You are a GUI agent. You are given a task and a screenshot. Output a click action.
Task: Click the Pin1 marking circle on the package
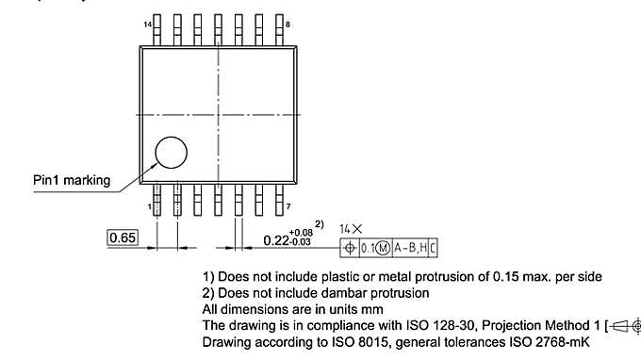(x=172, y=153)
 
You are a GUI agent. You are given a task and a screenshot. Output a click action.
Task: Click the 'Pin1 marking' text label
(x=71, y=180)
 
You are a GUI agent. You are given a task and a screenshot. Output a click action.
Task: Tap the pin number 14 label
(x=147, y=22)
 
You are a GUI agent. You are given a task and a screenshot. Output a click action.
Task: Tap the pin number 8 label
(x=288, y=22)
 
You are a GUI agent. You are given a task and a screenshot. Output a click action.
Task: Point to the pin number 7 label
(x=287, y=205)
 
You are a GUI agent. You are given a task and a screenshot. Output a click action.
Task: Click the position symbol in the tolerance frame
(x=351, y=248)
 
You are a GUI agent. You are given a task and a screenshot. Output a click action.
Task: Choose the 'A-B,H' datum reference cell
(x=411, y=248)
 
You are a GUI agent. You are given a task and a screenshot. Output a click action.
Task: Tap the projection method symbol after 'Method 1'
(x=624, y=325)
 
